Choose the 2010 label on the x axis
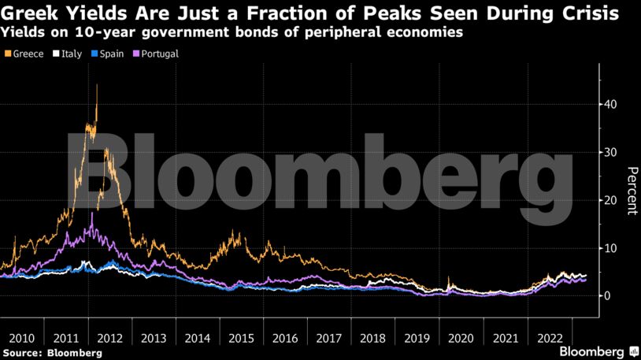(20, 337)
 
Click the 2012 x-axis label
(109, 337)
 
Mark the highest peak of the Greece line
(97, 85)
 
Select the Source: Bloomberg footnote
(52, 353)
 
